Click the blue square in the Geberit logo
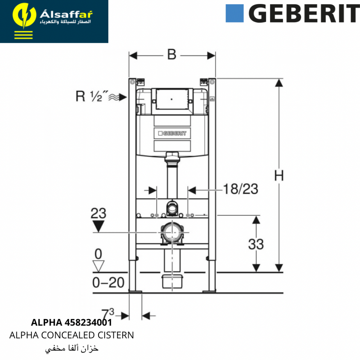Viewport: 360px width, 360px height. tap(234, 13)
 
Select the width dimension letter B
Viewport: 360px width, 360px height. tap(172, 55)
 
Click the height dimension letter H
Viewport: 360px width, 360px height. tap(279, 176)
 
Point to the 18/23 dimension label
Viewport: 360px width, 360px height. tap(240, 189)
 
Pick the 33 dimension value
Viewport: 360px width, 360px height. tap(256, 244)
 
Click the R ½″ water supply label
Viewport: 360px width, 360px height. tap(92, 96)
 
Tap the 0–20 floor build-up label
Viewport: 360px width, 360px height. tap(108, 282)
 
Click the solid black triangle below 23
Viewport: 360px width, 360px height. tap(98, 226)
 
